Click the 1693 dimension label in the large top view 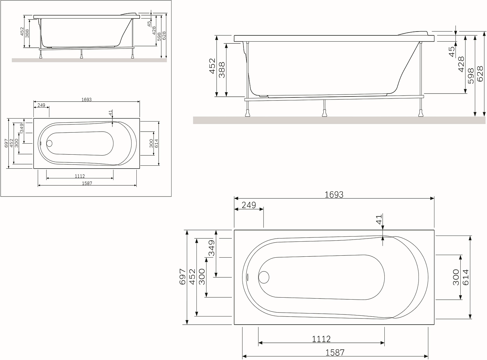coord(334,195)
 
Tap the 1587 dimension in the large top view coord(335,353)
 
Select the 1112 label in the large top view coord(321,339)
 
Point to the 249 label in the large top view coord(249,205)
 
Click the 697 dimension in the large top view coord(183,277)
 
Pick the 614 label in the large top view coord(466,277)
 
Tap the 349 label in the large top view coord(211,248)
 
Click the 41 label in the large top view coord(379,219)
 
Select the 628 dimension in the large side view coord(480,74)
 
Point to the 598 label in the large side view coord(471,76)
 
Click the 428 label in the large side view coord(461,64)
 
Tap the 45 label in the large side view coord(452,52)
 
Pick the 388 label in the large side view coord(222,70)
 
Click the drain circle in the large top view coord(264,277)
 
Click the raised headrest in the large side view coord(413,33)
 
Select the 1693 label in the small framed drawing coord(86,99)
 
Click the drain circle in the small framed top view coord(49,144)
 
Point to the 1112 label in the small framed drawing coord(80,176)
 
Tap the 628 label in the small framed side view coord(164,36)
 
